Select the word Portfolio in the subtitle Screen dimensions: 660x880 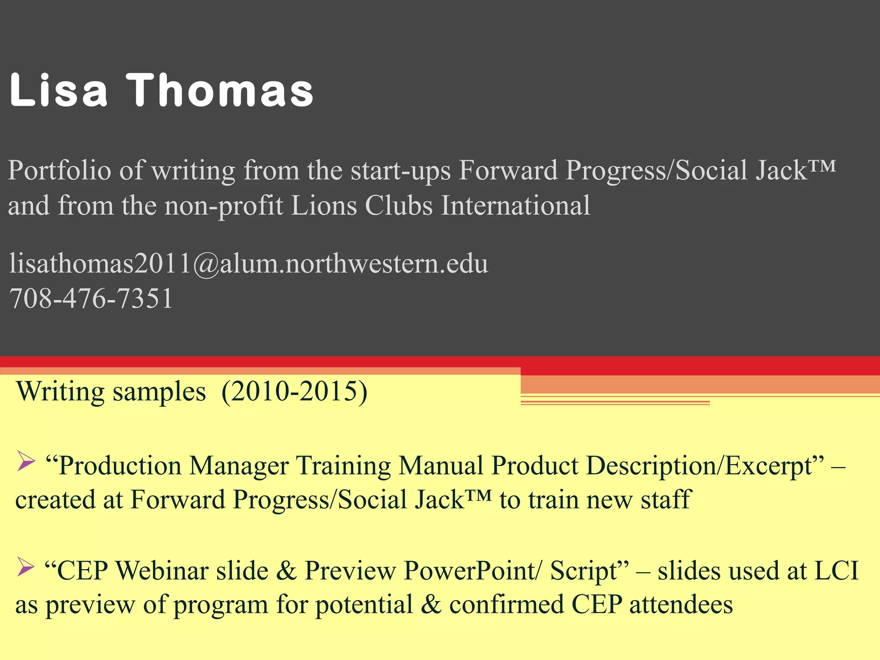coord(59,171)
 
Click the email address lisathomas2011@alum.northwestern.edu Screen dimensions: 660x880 coord(248,263)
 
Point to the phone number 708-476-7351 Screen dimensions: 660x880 coord(91,299)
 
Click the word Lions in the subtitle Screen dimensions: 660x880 coord(324,205)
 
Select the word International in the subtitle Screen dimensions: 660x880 coord(516,205)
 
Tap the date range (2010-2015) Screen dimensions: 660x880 coord(294,392)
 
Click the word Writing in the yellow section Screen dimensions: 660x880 coord(60,392)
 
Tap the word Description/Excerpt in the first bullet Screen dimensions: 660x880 coord(705,466)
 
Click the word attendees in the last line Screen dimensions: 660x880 coord(681,605)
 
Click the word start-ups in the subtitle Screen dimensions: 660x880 coord(400,171)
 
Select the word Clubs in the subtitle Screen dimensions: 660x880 coord(399,205)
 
